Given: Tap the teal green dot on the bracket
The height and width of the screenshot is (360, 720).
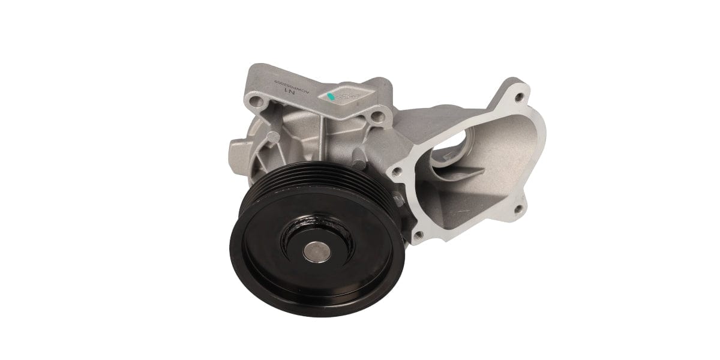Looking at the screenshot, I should (x=330, y=96).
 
